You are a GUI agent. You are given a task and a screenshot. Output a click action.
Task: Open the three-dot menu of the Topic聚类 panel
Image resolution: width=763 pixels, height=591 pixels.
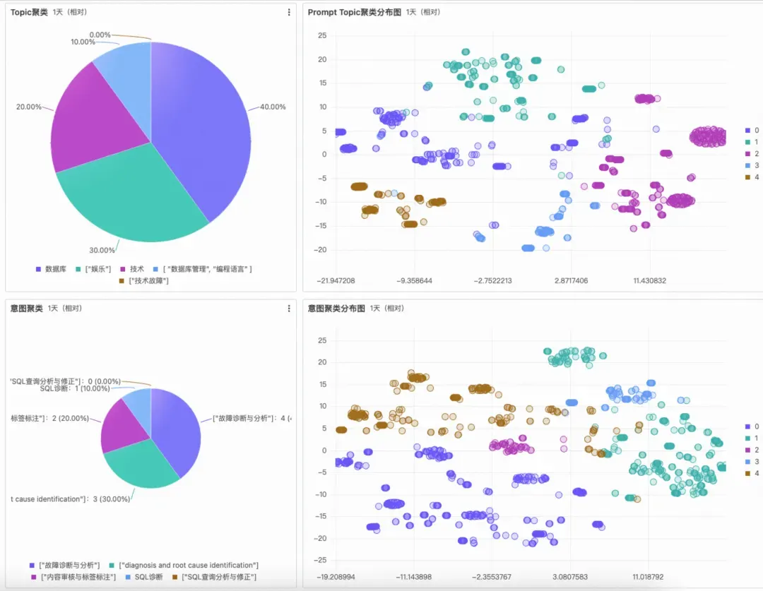289,12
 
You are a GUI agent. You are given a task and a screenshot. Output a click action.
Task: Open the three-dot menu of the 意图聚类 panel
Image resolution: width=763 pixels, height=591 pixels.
289,309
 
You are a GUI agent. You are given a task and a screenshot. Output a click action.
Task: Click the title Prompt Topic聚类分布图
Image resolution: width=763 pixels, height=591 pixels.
354,12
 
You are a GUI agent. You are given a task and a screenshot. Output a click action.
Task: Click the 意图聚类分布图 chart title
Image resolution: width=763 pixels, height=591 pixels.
336,309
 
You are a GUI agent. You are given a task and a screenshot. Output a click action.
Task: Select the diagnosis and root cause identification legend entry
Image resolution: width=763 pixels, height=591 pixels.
188,565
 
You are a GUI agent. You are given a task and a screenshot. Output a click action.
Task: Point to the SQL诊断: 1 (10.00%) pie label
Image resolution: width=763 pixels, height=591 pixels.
75,388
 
